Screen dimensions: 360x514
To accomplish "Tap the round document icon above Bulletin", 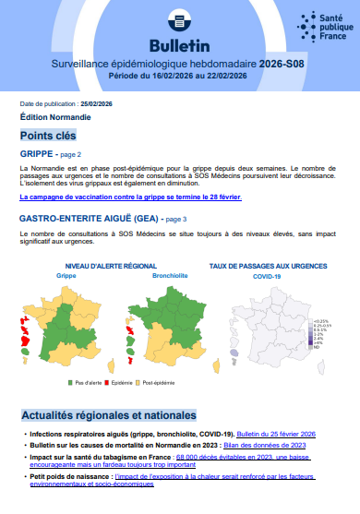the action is point(179,20).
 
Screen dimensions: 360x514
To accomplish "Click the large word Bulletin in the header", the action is point(179,45).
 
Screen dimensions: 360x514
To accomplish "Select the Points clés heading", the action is point(48,136).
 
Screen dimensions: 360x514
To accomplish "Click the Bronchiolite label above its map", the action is point(141,275).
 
